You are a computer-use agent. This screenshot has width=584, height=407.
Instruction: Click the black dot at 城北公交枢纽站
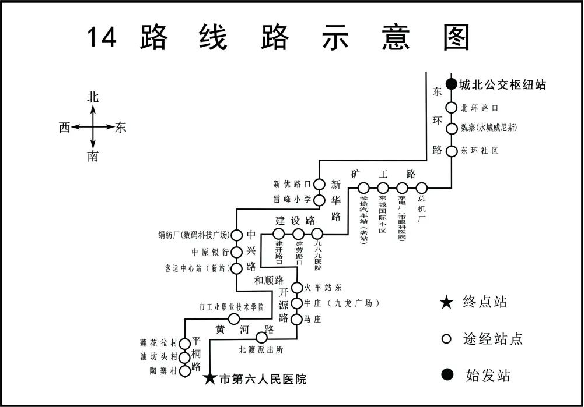451,84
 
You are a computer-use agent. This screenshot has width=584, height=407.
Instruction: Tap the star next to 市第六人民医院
210,379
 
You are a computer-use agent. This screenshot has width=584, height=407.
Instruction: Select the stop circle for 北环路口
451,108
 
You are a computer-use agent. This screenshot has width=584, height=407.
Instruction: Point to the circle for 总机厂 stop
421,187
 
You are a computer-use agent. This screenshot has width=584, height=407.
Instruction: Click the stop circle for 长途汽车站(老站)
363,187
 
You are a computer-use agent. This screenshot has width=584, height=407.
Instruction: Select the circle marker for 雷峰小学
319,200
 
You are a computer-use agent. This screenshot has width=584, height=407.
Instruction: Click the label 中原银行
210,252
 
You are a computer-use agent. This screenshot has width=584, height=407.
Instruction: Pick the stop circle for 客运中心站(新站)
237,268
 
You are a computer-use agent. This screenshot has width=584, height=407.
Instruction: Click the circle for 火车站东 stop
296,288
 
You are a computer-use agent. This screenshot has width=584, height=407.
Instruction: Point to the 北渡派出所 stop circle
261,337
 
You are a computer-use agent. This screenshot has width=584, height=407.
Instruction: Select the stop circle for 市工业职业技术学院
234,318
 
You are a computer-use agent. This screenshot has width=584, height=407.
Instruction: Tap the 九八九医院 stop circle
317,234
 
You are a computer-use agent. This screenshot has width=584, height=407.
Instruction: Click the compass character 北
93,97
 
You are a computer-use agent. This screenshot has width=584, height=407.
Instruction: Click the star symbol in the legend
446,302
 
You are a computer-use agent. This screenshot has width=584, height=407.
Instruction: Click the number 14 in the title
102,37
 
